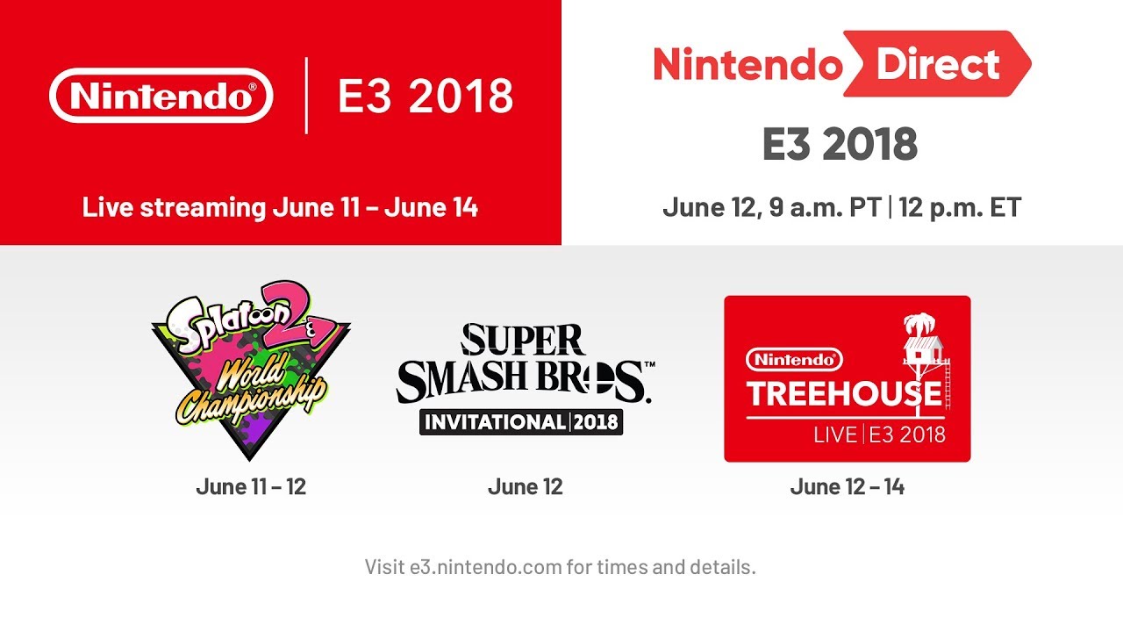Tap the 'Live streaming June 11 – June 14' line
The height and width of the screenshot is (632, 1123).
[x=280, y=208]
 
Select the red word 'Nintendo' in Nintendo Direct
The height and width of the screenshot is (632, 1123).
[x=747, y=64]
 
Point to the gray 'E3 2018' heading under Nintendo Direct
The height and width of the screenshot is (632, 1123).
[x=840, y=145]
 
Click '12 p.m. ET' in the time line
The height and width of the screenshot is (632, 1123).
[x=962, y=208]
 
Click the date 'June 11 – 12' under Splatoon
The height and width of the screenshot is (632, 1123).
[x=251, y=486]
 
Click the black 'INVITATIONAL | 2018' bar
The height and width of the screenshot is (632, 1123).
[x=521, y=421]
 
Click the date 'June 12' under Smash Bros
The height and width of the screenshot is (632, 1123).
[x=525, y=486]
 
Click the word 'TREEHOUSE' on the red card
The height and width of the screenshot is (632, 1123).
[x=844, y=394]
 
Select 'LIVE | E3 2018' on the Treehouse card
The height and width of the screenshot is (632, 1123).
[x=879, y=434]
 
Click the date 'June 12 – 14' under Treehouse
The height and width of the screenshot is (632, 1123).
[x=847, y=486]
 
